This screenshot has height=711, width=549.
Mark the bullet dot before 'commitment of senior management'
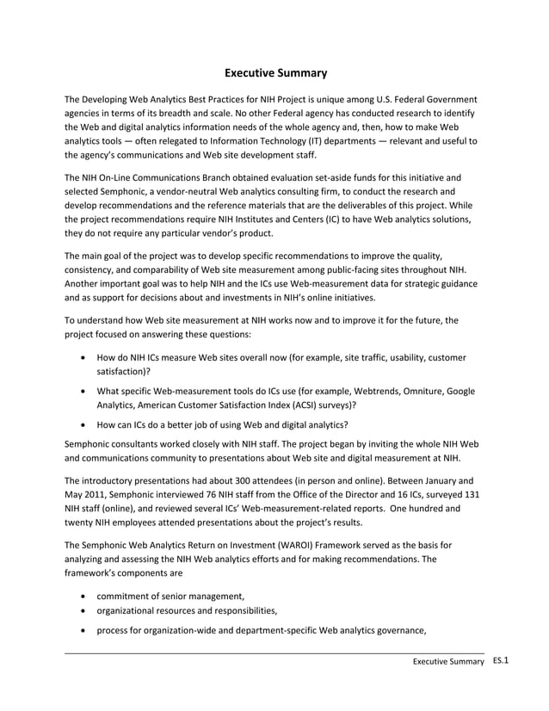(82, 597)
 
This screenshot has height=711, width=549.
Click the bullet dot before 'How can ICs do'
(82, 424)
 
